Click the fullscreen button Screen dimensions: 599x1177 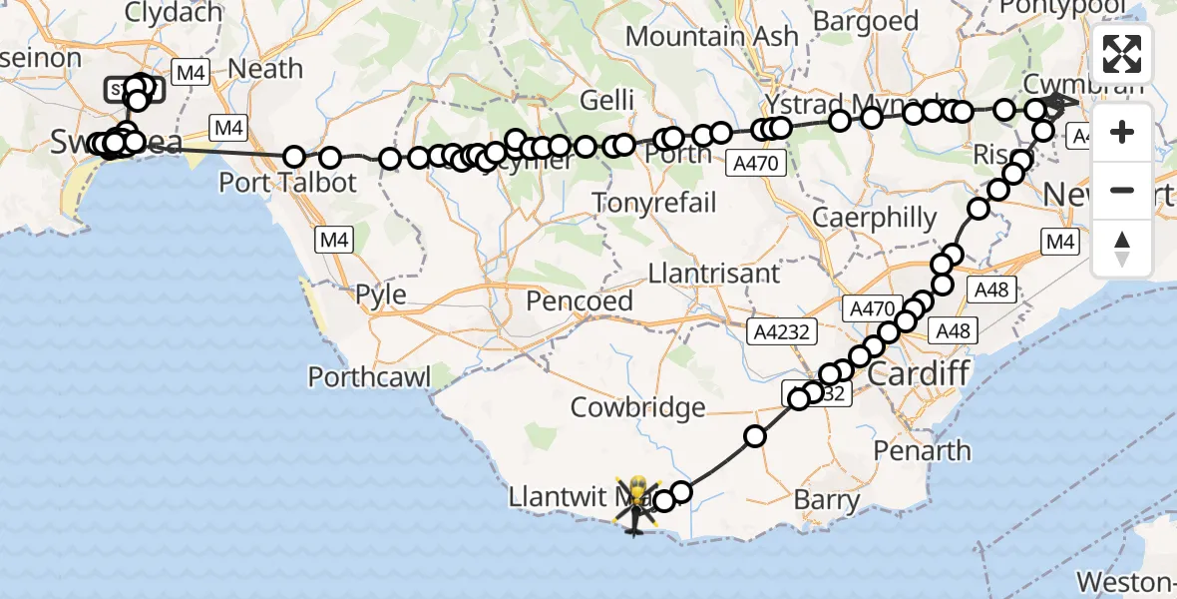[1122, 53]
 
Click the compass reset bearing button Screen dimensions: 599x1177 [1122, 249]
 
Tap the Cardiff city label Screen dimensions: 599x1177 [918, 375]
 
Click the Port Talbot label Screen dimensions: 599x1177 [287, 184]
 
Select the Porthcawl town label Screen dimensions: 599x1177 [369, 377]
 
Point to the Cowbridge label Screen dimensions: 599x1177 [638, 407]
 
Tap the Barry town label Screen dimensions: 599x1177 [827, 499]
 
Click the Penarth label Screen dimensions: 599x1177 [922, 451]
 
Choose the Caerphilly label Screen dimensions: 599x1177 [875, 218]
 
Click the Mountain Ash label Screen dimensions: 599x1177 [712, 37]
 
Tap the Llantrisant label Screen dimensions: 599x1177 [714, 273]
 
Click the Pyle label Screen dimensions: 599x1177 [380, 296]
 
